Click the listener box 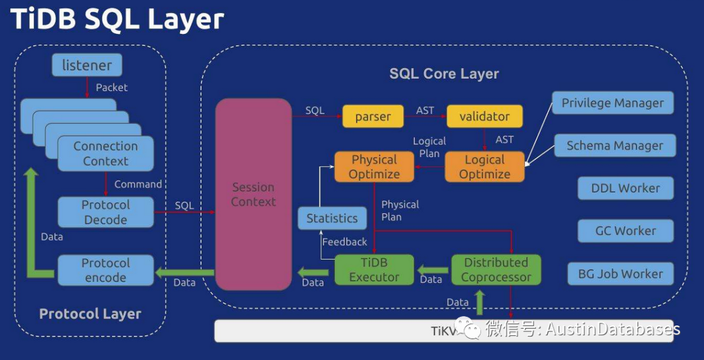click(87, 65)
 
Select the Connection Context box click(106, 154)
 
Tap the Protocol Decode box click(106, 212)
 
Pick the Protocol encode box click(106, 270)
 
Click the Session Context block click(254, 194)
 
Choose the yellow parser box click(373, 117)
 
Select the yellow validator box click(484, 117)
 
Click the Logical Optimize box click(484, 167)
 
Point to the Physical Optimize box click(374, 167)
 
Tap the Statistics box click(332, 218)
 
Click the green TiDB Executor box click(374, 270)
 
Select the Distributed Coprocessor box click(496, 270)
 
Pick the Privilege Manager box click(613, 103)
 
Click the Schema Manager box click(615, 146)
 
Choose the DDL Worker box click(625, 188)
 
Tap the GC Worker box click(625, 231)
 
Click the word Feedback click(344, 242)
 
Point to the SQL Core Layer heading click(444, 74)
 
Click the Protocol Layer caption click(90, 314)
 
